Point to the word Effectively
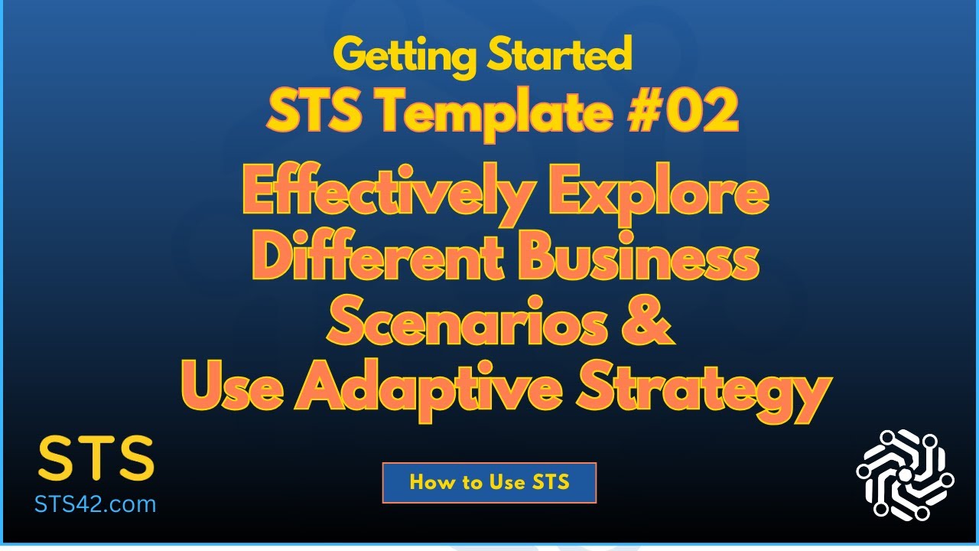tap(385, 196)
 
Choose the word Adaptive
tap(431, 388)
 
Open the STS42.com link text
tap(96, 504)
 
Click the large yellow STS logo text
tap(96, 459)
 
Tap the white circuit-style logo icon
tap(905, 474)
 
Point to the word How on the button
tap(429, 482)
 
